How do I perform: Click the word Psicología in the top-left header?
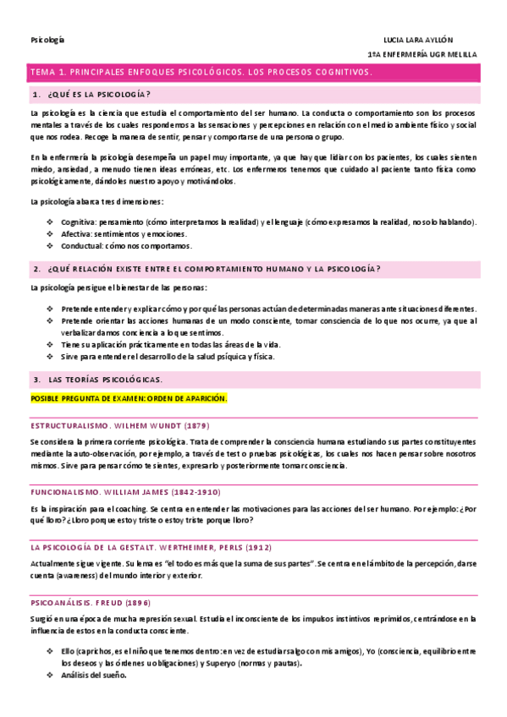coord(47,40)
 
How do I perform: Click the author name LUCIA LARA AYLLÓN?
coord(418,40)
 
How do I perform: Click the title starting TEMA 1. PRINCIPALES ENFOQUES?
coord(201,74)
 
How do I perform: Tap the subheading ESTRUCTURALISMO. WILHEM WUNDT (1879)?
coord(119,425)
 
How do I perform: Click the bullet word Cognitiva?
coord(78,222)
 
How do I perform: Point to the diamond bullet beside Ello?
coord(50,652)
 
